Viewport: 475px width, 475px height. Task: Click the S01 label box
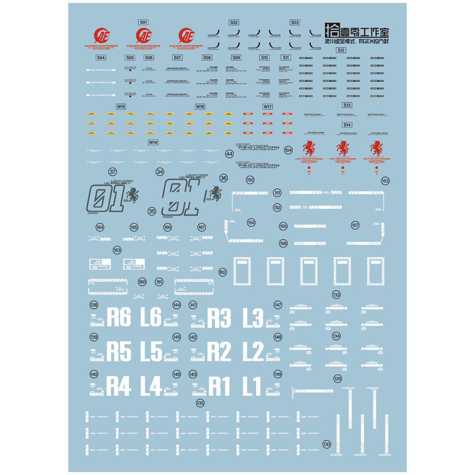click(143, 22)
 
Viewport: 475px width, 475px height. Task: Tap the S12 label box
click(341, 50)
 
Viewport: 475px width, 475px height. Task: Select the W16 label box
click(200, 106)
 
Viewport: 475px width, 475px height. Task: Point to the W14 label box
click(153, 142)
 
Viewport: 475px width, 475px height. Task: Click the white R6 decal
click(119, 318)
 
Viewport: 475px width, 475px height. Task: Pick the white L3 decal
click(253, 318)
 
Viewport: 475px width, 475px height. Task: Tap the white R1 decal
click(219, 386)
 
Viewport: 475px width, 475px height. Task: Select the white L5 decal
click(151, 352)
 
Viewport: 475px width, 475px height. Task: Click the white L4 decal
click(151, 386)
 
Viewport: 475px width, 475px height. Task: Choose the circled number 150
click(250, 180)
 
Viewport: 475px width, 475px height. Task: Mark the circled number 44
click(229, 154)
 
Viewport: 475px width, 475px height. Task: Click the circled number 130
click(327, 444)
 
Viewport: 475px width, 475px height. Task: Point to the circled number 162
click(223, 272)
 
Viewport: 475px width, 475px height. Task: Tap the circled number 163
click(117, 250)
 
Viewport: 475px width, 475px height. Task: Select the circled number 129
click(337, 379)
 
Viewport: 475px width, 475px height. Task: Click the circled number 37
click(112, 172)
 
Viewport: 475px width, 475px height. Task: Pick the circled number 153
click(385, 181)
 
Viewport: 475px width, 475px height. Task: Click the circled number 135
click(200, 403)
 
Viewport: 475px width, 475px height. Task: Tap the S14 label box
click(347, 125)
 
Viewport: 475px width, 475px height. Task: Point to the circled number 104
click(289, 150)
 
